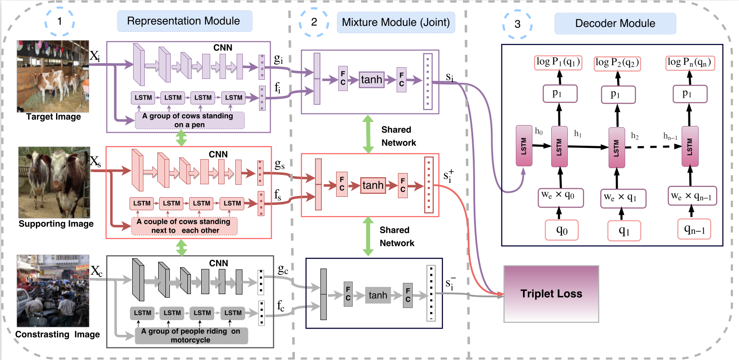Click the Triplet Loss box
[x=551, y=294]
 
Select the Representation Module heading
[x=184, y=21]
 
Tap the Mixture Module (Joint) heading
[x=396, y=22]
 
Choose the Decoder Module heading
[x=615, y=23]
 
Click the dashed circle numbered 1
[x=60, y=21]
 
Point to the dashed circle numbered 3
[x=517, y=23]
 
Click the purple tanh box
[x=372, y=80]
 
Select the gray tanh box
[x=378, y=295]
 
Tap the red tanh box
[x=373, y=185]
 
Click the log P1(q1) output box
[x=558, y=62]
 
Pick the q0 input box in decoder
[x=562, y=230]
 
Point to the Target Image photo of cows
[x=53, y=76]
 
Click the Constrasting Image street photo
[x=53, y=291]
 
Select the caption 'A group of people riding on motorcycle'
[x=191, y=335]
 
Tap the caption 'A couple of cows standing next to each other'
[x=184, y=226]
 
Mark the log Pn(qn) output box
[x=689, y=62]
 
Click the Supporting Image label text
[x=56, y=224]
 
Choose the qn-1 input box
[x=694, y=230]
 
